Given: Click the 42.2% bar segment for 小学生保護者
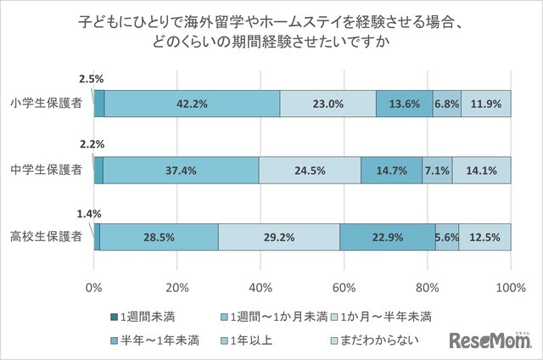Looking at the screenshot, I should coord(193,104).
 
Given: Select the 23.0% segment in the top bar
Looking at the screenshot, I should coord(327,104).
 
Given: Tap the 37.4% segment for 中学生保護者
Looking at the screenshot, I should coord(181,170).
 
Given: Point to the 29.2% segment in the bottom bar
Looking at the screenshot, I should coord(279,237).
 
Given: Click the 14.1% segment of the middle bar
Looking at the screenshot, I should coord(481,170).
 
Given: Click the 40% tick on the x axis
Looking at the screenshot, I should coord(260,286).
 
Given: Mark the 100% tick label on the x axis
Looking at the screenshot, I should coord(510,286).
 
